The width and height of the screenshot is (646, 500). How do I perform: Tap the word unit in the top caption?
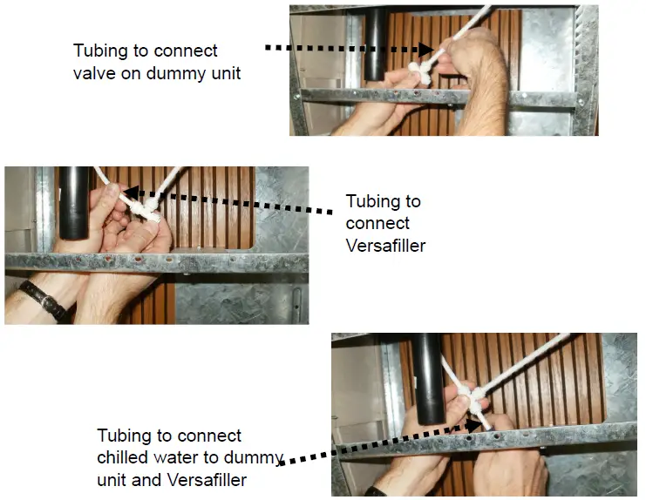pyautogui.click(x=223, y=73)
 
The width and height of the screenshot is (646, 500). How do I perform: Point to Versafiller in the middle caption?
pyautogui.click(x=385, y=246)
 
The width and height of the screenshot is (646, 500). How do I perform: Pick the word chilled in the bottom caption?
pyautogui.click(x=122, y=457)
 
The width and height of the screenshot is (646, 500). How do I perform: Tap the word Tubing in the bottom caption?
pyautogui.click(x=122, y=436)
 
